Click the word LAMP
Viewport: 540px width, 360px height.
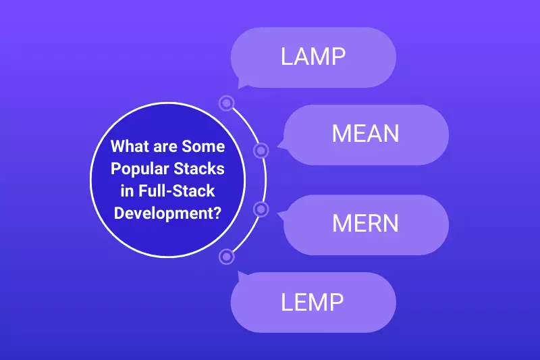point(313,56)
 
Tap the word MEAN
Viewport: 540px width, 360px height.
point(365,134)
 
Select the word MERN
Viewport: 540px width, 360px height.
point(365,224)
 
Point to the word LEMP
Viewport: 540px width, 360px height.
point(313,302)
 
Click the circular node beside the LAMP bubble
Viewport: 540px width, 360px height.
point(227,103)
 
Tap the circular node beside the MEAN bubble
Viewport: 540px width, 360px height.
point(261,149)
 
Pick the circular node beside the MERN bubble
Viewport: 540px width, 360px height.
point(261,209)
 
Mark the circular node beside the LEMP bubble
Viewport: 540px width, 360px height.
point(227,256)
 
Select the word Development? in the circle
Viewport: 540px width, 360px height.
point(168,211)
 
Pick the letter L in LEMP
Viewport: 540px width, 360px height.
point(287,302)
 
